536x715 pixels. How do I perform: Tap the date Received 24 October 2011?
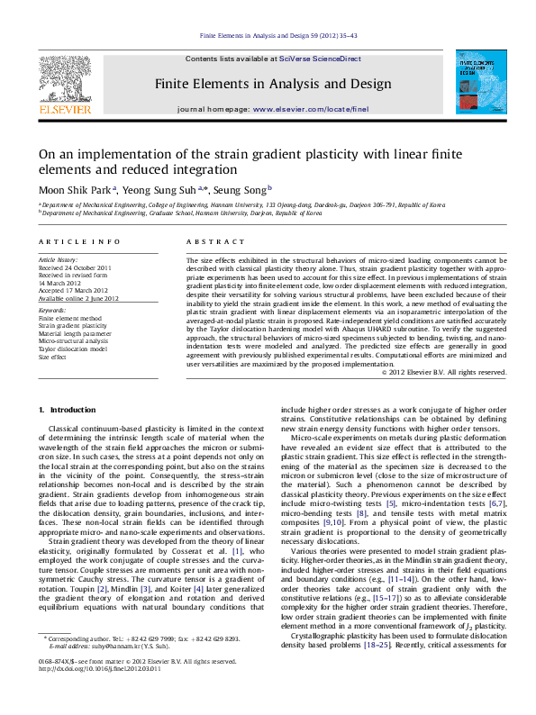tap(75, 267)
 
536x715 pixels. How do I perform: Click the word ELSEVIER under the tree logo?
tap(64, 110)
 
